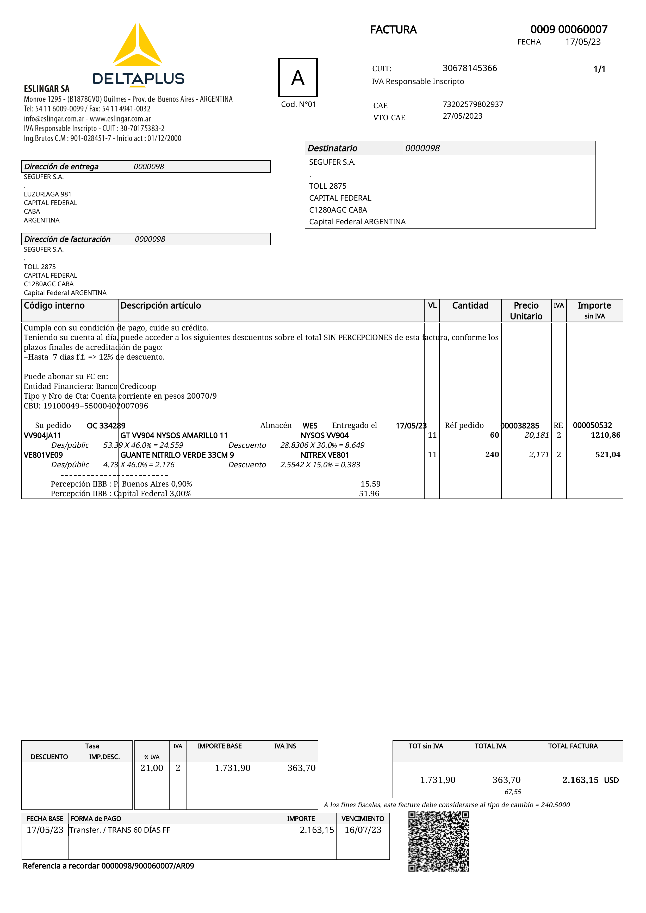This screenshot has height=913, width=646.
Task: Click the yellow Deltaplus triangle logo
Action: pyautogui.click(x=137, y=46)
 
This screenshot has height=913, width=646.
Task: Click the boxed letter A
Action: pyautogui.click(x=298, y=78)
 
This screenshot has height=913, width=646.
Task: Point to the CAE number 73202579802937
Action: pyautogui.click(x=473, y=104)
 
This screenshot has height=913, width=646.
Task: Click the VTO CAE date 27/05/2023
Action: pyautogui.click(x=463, y=116)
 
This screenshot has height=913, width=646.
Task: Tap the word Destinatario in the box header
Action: pyautogui.click(x=332, y=148)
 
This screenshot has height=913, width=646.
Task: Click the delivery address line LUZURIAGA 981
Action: pyautogui.click(x=47, y=194)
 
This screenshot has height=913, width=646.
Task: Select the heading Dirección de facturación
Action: pyautogui.click(x=67, y=239)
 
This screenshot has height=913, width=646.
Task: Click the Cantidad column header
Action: pyautogui.click(x=470, y=305)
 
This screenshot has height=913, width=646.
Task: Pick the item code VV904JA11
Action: pyautogui.click(x=42, y=435)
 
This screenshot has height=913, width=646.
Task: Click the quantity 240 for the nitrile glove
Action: pyautogui.click(x=492, y=455)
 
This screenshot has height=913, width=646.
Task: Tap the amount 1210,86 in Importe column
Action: pyautogui.click(x=605, y=435)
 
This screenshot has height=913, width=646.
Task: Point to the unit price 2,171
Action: pyautogui.click(x=539, y=455)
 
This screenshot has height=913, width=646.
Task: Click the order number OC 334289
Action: pyautogui.click(x=106, y=425)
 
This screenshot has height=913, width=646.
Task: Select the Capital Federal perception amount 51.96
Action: pyautogui.click(x=369, y=494)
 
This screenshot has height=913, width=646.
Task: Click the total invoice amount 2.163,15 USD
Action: pyautogui.click(x=590, y=780)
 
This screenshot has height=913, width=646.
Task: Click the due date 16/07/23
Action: pyautogui.click(x=363, y=830)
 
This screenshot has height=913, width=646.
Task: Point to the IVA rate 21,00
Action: pyautogui.click(x=152, y=768)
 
